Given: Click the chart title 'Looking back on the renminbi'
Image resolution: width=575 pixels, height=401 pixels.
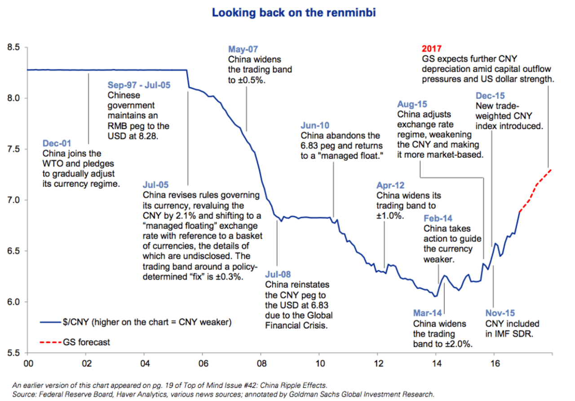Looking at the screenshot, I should click(x=294, y=13).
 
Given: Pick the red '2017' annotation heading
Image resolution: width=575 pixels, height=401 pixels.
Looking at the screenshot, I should click(x=431, y=49).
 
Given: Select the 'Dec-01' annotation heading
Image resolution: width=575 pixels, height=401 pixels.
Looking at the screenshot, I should click(x=57, y=143).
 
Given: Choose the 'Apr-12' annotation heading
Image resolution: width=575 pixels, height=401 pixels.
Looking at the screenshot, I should click(x=390, y=185).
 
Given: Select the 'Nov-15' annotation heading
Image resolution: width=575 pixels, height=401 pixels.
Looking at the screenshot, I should click(x=500, y=313).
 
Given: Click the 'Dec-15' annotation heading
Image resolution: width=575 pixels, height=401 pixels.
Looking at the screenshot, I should click(x=490, y=96).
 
